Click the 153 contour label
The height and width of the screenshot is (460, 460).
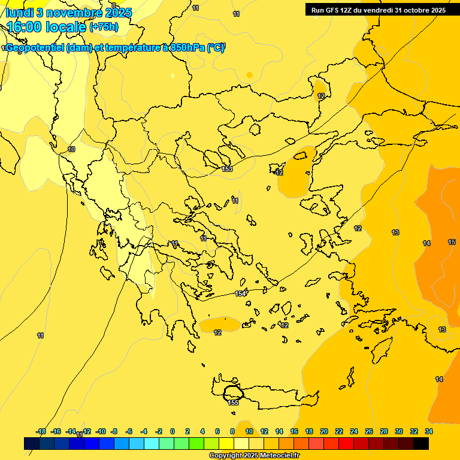pyautogui.click(x=227, y=170)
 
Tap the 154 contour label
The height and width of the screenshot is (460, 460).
pyautogui.click(x=240, y=293)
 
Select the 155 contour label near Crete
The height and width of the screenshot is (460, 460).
pyautogui.click(x=234, y=402)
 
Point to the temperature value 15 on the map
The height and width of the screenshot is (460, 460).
pyautogui.click(x=452, y=242)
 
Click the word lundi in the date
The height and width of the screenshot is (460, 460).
pyautogui.click(x=20, y=13)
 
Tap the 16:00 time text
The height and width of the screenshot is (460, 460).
pyautogui.click(x=24, y=26)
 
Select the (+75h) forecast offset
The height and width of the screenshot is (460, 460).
pyautogui.click(x=104, y=27)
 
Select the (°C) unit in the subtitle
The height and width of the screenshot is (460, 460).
pyautogui.click(x=216, y=49)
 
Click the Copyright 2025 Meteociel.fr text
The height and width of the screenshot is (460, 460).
pyautogui.click(x=254, y=456)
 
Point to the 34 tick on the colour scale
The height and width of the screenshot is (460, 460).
pyautogui.click(x=428, y=431)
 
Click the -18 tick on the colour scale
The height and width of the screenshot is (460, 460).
pyautogui.click(x=41, y=431)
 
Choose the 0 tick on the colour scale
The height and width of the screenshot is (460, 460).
pyautogui.click(x=172, y=431)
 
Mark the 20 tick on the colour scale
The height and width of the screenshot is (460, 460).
pyautogui.click(x=323, y=431)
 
